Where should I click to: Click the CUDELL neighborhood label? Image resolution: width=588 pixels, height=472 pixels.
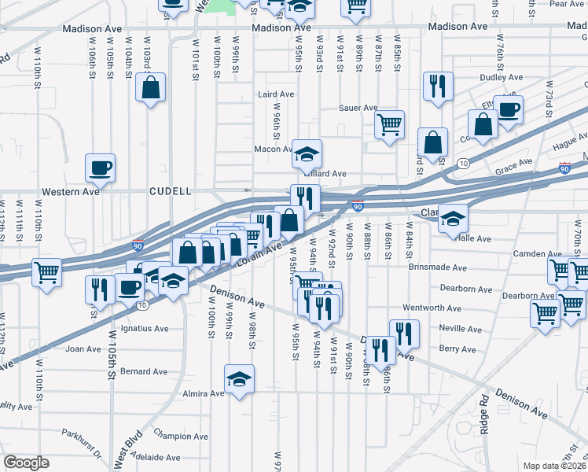pos(171,191)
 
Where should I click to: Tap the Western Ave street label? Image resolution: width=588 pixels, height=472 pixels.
pos(71,191)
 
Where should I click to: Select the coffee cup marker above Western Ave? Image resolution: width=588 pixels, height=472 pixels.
pos(101,168)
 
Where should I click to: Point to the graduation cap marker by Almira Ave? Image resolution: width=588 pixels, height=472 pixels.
pos(240,378)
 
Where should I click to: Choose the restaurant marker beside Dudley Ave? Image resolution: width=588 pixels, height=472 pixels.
pos(438,86)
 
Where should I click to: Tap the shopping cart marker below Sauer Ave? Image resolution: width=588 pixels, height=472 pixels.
pos(389,124)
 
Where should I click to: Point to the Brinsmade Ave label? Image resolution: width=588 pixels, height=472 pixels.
pos(438,268)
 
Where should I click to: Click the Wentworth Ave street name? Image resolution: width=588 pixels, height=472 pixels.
pos(431,308)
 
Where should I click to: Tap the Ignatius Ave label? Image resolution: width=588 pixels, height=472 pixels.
pos(144,328)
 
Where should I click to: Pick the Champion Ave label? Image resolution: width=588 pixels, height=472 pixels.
pos(181,436)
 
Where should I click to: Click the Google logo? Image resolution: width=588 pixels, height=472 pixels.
pos(26,463)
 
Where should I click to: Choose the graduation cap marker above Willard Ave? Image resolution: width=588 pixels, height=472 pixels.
pos(307,153)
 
